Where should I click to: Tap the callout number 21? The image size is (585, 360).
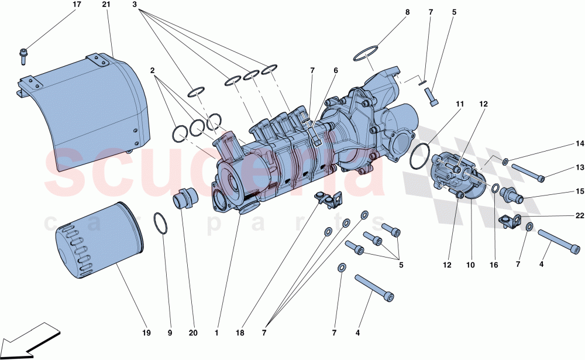(106, 5)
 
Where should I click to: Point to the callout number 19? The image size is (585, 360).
(146, 334)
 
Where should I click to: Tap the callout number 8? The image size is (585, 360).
(407, 12)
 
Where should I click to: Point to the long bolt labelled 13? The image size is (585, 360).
(528, 173)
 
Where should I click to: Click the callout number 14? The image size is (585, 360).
(580, 143)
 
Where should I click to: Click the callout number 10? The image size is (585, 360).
(470, 265)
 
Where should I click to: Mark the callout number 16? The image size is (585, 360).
(494, 265)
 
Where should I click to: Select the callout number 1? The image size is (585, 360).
(216, 334)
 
